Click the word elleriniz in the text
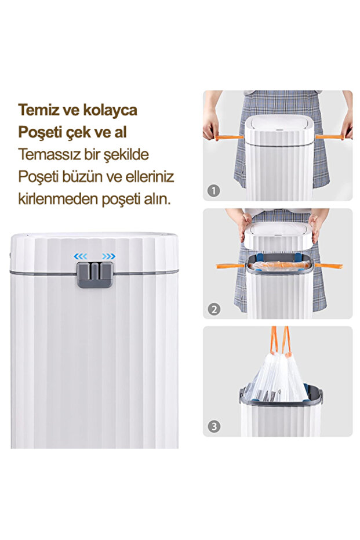[149, 177]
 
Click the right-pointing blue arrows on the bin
[108, 256]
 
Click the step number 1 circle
[214, 190]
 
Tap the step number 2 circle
[214, 309]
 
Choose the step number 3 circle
[214, 427]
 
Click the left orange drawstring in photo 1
[227, 137]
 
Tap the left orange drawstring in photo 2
[231, 266]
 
